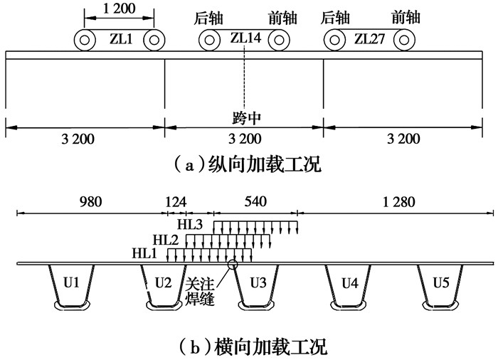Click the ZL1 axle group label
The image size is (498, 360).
pos(120,39)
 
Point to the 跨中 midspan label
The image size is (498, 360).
pos(244,116)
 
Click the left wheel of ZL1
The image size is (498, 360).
pos(85,40)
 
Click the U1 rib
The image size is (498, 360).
pos(71,283)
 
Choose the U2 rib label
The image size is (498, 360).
pos(163,283)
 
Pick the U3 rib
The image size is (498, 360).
pos(257,283)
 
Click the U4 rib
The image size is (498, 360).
pos(349,283)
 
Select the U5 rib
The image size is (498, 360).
pos(441,283)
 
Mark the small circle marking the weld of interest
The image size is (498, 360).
pos(232,265)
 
